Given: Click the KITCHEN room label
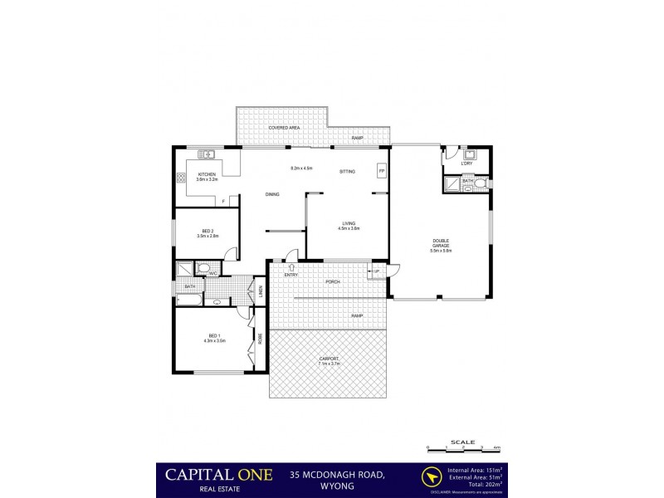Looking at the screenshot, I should click(x=206, y=174).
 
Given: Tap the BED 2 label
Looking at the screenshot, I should click(x=207, y=231).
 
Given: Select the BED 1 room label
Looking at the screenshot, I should click(x=214, y=335).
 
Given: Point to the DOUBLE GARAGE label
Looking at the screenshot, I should click(x=441, y=244).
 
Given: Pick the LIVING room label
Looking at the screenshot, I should click(x=349, y=223).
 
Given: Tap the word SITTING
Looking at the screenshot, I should click(x=347, y=172).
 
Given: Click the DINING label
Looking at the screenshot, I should click(x=272, y=194).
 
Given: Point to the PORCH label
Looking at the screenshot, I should click(x=333, y=281).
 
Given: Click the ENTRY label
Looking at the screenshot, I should click(x=291, y=274).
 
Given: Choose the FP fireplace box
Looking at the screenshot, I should click(x=381, y=171).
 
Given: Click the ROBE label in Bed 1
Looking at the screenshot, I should click(x=260, y=338).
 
